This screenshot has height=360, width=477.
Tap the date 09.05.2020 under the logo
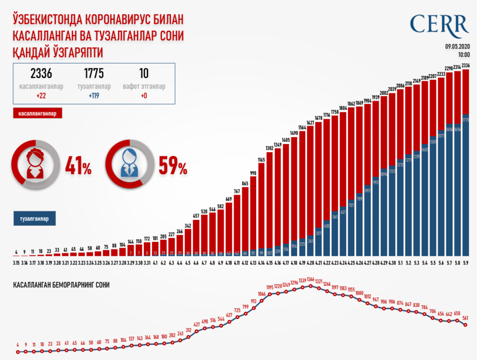[456, 46]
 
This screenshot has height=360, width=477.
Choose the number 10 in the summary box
[144, 74]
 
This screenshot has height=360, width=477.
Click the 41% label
[78, 168]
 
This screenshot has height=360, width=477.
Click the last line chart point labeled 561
[465, 326]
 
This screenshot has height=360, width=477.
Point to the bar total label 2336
[465, 65]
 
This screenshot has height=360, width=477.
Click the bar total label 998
[253, 173]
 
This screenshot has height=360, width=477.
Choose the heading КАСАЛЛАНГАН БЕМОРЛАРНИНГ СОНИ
[61, 285]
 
